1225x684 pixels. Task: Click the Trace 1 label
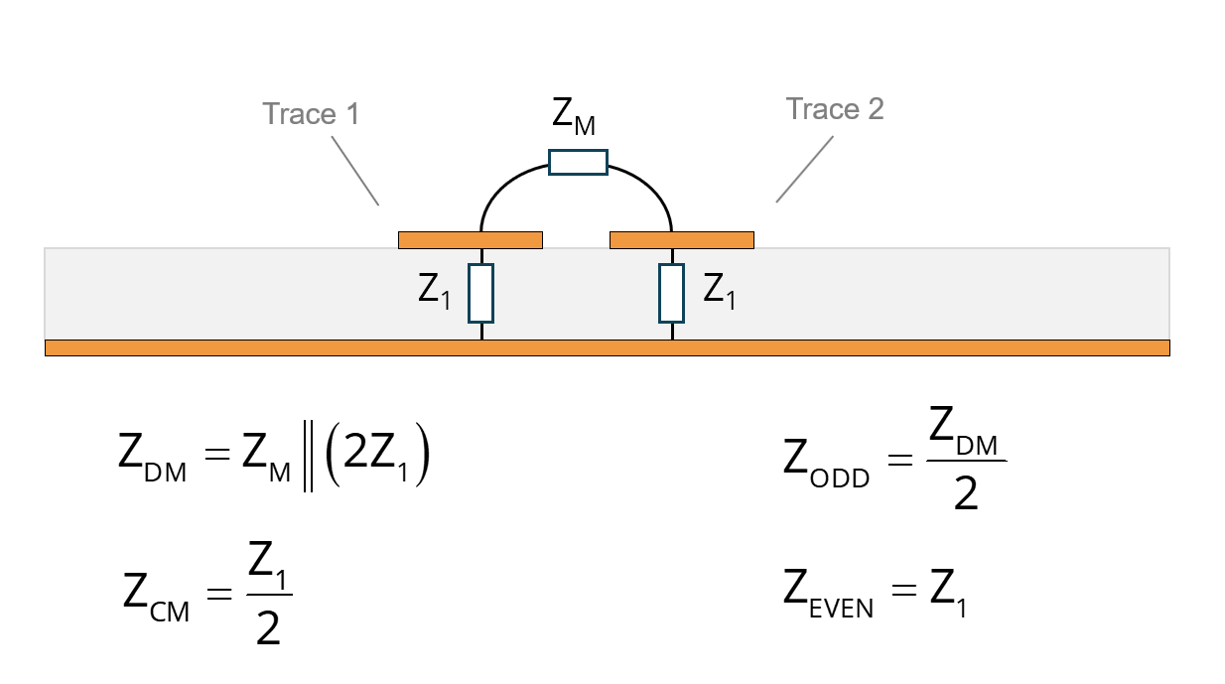pyautogui.click(x=311, y=114)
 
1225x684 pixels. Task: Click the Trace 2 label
pyautogui.click(x=835, y=109)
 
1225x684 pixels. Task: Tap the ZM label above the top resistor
pyautogui.click(x=574, y=116)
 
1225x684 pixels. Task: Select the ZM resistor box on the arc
pyautogui.click(x=578, y=163)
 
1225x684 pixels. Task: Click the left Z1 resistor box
pyautogui.click(x=480, y=293)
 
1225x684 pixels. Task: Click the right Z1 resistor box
pyautogui.click(x=671, y=293)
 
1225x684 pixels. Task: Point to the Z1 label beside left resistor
pyautogui.click(x=434, y=292)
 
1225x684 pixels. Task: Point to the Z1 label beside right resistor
pyautogui.click(x=719, y=292)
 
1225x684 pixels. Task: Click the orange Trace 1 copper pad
pyautogui.click(x=471, y=240)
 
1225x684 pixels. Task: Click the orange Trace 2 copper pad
pyautogui.click(x=682, y=240)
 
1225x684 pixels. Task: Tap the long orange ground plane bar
pyautogui.click(x=607, y=347)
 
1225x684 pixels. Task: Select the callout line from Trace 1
pyautogui.click(x=355, y=171)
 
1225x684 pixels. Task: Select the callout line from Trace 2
pyautogui.click(x=805, y=169)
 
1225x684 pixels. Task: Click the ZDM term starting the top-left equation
pyautogui.click(x=153, y=457)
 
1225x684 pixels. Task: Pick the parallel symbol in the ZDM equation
pyautogui.click(x=308, y=457)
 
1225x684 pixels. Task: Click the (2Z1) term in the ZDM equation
pyautogui.click(x=377, y=455)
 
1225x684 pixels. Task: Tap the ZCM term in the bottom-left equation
pyautogui.click(x=157, y=597)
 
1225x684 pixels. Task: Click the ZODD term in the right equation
pyautogui.click(x=826, y=463)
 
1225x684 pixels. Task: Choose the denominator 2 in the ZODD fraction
pyautogui.click(x=966, y=493)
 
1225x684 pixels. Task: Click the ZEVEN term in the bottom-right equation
pyautogui.click(x=829, y=594)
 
